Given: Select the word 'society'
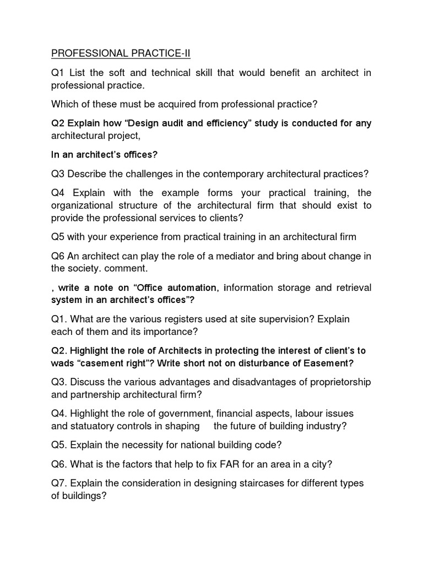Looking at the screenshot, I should point(85,269).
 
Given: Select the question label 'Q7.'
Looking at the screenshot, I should point(59,483).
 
